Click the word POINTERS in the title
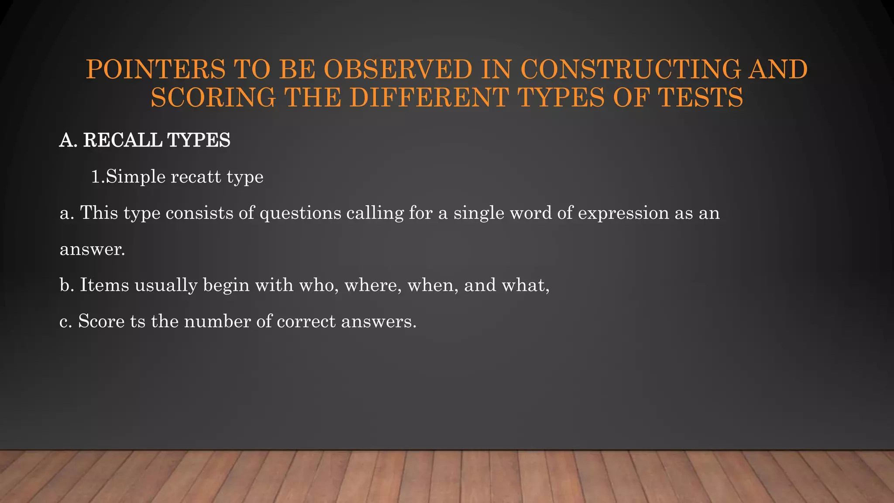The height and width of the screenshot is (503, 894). point(155,70)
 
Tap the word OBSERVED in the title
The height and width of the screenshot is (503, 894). point(398,70)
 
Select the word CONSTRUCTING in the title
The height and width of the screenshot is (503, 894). point(630,70)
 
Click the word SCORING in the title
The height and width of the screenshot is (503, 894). point(213,97)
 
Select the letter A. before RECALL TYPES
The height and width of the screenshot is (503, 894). point(68,140)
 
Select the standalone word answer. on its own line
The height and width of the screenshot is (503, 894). point(92,249)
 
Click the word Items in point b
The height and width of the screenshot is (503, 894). point(104,285)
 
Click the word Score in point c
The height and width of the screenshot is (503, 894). point(101,321)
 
